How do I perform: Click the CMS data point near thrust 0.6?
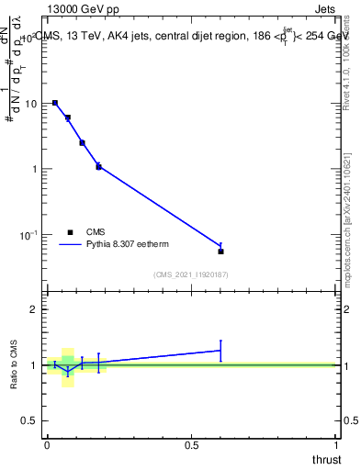221,251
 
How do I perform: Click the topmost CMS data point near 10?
55,103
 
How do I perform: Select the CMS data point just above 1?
98,167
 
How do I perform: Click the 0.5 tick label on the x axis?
191,443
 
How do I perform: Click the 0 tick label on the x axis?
47,443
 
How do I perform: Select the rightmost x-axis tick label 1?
336,443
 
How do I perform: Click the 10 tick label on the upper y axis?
32,104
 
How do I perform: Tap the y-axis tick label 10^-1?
29,235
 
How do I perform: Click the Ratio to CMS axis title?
14,364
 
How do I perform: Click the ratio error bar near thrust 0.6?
221,350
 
